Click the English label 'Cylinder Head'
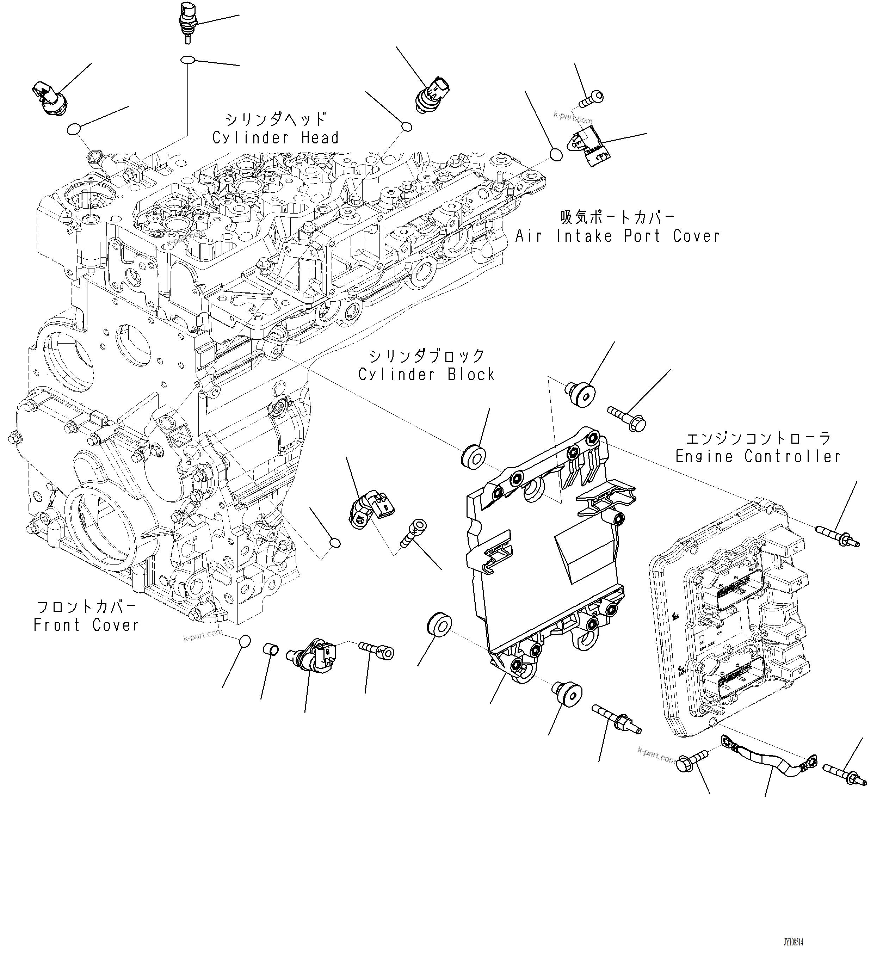coord(276,138)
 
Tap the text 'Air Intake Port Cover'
coord(617,236)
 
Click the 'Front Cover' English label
coord(86,625)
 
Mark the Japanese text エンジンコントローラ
coord(758,438)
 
